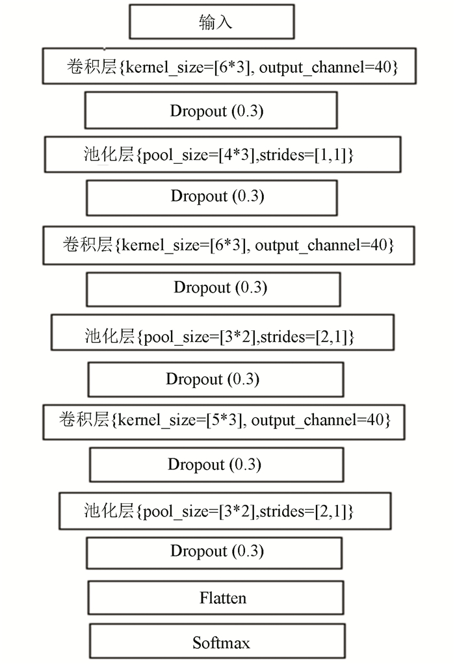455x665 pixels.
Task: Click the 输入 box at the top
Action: click(212, 21)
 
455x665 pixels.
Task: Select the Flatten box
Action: click(215, 597)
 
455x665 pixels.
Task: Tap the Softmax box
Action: click(217, 641)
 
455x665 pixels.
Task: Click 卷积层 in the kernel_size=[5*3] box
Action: click(84, 419)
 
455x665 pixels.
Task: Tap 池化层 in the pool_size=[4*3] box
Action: click(109, 154)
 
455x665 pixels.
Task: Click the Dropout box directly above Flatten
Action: click(214, 553)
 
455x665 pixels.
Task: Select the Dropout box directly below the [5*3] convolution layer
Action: click(216, 465)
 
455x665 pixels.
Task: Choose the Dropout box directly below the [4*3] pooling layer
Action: click(212, 198)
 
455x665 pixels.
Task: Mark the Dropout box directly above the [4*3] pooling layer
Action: click(211, 111)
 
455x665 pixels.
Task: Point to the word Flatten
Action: click(223, 598)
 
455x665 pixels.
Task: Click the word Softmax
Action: click(221, 643)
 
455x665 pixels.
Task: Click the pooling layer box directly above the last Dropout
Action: click(225, 511)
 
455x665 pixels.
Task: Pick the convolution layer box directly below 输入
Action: click(229, 66)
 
